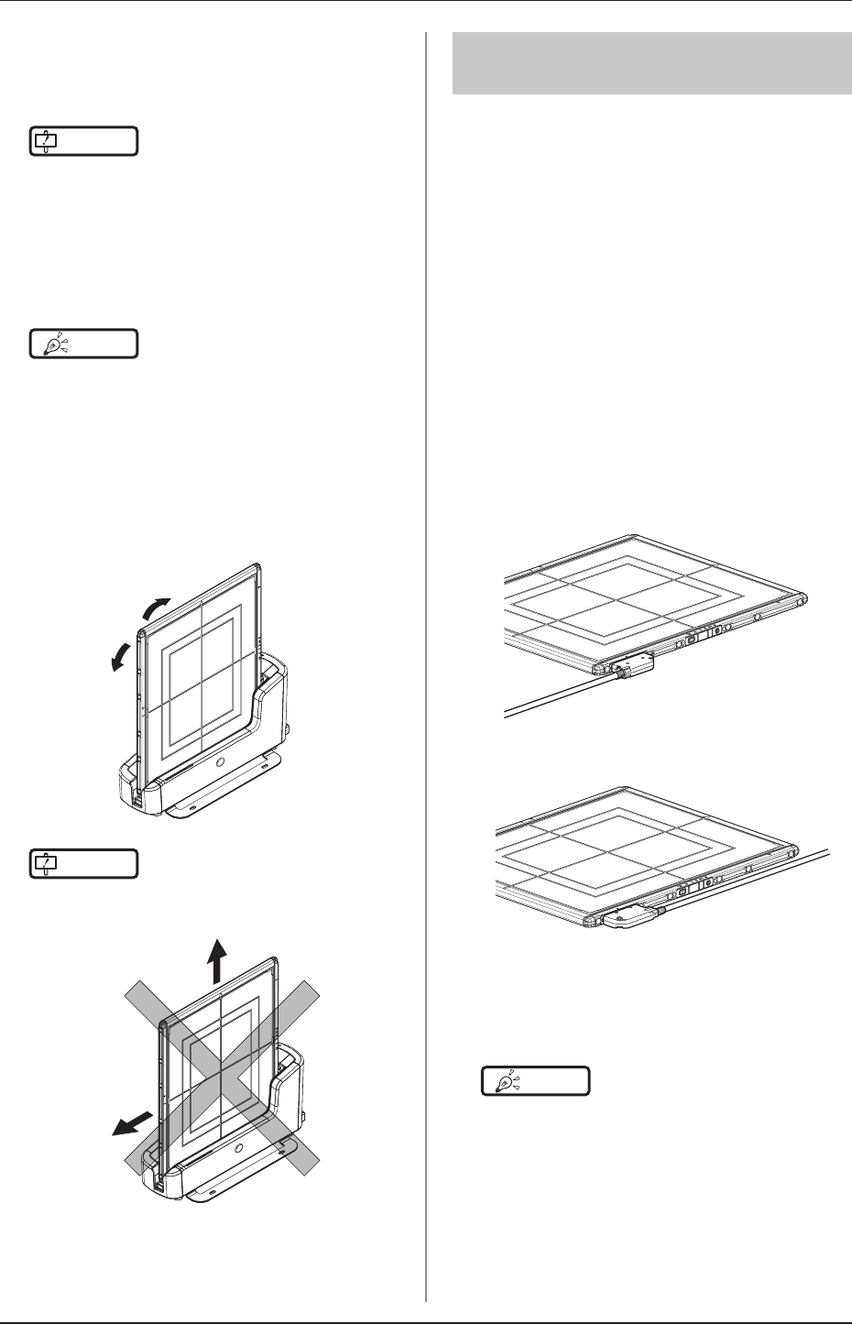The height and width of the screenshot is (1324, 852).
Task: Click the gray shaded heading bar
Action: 650,62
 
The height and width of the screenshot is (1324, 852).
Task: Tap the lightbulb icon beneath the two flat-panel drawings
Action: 537,1081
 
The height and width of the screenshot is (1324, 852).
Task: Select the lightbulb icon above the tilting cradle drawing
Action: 83,344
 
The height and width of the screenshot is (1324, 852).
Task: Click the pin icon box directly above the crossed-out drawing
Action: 83,863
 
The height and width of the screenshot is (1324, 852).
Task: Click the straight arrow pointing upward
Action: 217,961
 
